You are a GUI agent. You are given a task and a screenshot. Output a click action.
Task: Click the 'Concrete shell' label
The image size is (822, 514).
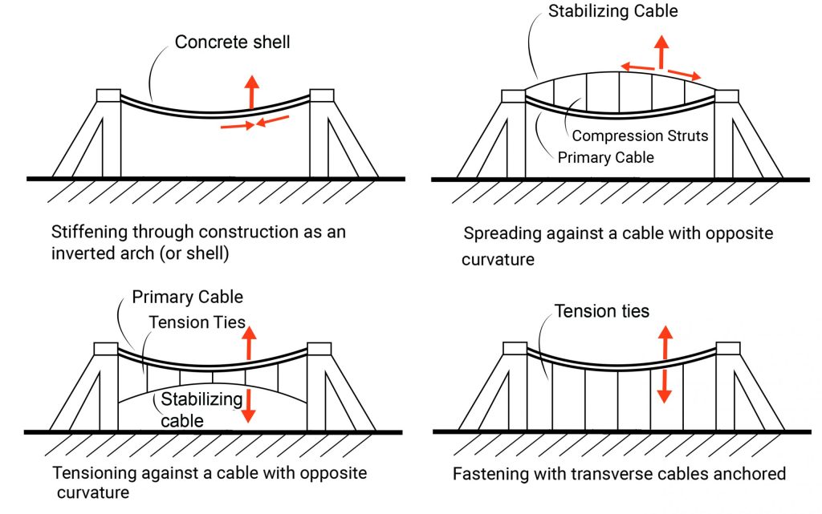point(233,42)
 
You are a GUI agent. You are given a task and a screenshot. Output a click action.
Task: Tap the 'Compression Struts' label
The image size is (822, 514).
point(640,136)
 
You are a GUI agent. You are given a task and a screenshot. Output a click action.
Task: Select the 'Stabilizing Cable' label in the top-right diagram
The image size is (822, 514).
point(613,11)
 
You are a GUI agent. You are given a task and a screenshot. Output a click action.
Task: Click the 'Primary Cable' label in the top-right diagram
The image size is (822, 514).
point(605,157)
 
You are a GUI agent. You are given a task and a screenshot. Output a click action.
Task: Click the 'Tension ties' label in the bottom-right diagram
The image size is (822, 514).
point(601,310)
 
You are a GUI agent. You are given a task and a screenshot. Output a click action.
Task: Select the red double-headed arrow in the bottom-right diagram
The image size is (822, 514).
point(664,363)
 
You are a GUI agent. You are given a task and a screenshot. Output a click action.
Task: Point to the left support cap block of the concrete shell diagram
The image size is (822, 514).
point(108,95)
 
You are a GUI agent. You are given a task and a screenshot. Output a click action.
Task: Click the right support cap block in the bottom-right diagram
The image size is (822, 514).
point(726,348)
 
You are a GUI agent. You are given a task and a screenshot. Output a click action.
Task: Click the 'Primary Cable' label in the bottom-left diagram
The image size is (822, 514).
point(188,297)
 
